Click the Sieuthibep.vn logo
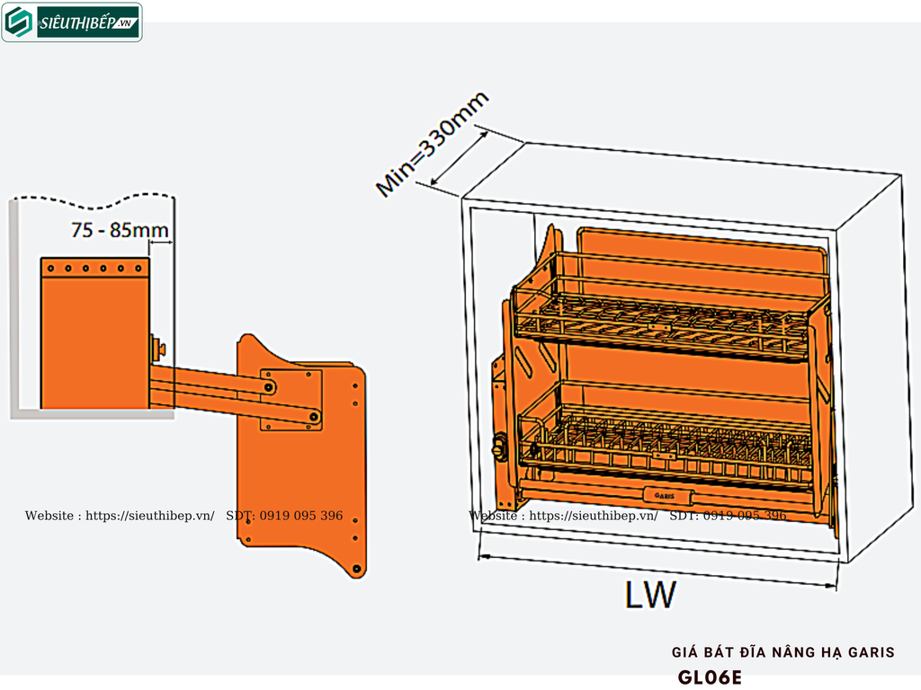[x=72, y=22]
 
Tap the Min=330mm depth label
[x=433, y=145]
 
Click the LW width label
[x=650, y=595]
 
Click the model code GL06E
[x=711, y=677]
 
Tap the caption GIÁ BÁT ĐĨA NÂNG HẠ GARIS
[x=783, y=652]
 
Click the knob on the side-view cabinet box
[x=156, y=344]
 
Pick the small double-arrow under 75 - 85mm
[x=159, y=243]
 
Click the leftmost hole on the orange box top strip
[x=51, y=268]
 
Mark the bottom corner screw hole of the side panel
[x=357, y=569]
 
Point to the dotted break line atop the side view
[x=90, y=197]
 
